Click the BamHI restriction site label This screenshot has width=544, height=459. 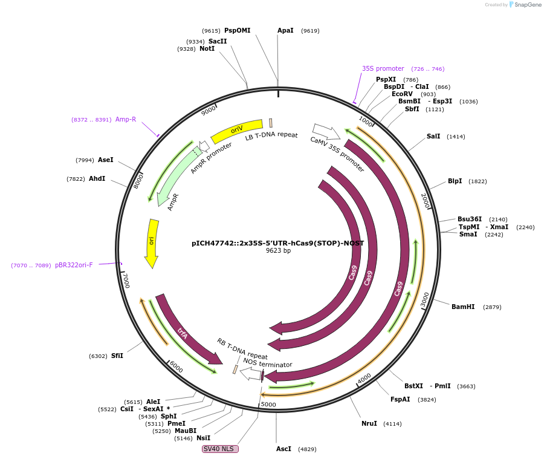click(x=463, y=307)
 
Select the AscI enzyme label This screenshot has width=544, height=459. click(x=283, y=449)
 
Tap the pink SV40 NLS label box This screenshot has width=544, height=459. click(x=220, y=449)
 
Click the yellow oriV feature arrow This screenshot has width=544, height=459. click(x=237, y=130)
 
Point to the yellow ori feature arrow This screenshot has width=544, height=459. click(x=152, y=242)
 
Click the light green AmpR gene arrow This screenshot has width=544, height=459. click(x=172, y=181)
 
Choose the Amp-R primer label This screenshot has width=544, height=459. click(x=126, y=119)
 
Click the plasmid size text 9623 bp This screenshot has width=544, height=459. click(x=278, y=251)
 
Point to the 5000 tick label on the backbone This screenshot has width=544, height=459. click(x=268, y=405)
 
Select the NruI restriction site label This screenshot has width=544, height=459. click(x=369, y=423)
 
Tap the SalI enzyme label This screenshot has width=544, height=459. click(x=433, y=136)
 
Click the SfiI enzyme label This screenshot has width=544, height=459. click(x=117, y=356)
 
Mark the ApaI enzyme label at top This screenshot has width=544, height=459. click(x=285, y=30)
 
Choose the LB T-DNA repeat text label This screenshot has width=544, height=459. click(x=271, y=135)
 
